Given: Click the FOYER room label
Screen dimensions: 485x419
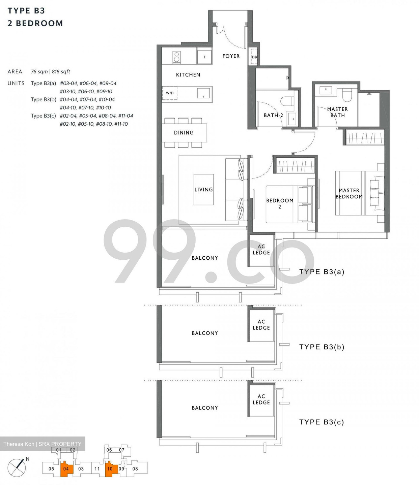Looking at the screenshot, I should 231,56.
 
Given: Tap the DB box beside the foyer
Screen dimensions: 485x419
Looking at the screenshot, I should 254,57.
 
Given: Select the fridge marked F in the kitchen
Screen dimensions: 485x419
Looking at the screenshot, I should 204,57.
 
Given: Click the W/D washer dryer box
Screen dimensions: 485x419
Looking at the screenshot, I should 170,93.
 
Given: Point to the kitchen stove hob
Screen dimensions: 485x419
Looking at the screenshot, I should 176,57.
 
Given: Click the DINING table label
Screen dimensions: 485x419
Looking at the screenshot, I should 184,133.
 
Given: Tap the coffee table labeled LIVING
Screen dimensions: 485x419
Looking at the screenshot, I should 203,190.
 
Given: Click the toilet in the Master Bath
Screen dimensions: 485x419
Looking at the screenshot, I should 347,95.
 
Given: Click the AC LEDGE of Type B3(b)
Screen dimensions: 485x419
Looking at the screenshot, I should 261,325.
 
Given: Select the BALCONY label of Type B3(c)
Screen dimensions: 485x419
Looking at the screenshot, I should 205,408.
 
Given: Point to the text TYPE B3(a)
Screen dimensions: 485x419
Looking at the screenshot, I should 322,272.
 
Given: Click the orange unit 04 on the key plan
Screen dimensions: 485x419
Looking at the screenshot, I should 66,469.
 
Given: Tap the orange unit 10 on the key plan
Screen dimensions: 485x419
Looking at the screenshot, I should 110,469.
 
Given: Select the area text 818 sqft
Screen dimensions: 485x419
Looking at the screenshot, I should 61,72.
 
